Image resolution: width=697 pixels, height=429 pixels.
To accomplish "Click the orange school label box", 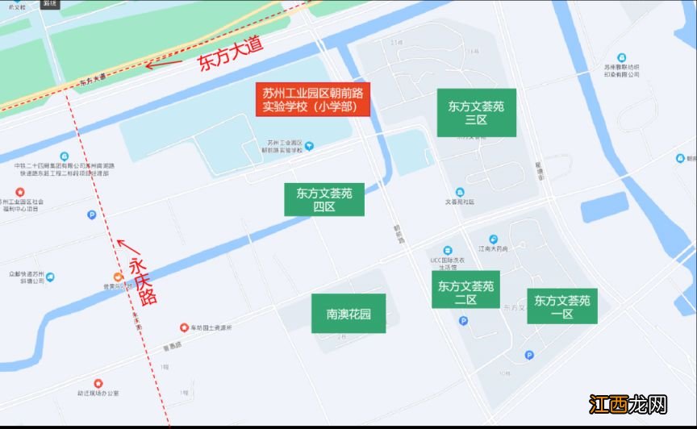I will (x=313, y=99).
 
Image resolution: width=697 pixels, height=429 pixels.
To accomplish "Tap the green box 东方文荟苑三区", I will (x=476, y=112).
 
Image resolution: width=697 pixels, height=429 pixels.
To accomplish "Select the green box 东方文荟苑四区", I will (x=324, y=199).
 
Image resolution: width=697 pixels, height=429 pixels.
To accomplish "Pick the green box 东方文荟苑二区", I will (x=465, y=292).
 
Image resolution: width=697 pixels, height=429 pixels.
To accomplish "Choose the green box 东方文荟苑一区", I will (x=562, y=306).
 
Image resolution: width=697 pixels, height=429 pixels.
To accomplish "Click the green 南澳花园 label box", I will (x=348, y=313).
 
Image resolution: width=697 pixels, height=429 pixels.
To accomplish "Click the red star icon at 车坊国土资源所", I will (x=184, y=327).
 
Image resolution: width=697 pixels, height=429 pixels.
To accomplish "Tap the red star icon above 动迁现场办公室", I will (x=98, y=382).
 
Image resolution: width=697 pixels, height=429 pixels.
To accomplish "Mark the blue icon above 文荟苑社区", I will (x=460, y=192).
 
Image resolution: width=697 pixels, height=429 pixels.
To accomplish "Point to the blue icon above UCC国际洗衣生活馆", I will (x=448, y=249).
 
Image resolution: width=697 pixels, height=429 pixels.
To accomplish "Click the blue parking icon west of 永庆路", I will (x=91, y=215).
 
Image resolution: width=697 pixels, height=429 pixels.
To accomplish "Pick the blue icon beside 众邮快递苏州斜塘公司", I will (x=51, y=277).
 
